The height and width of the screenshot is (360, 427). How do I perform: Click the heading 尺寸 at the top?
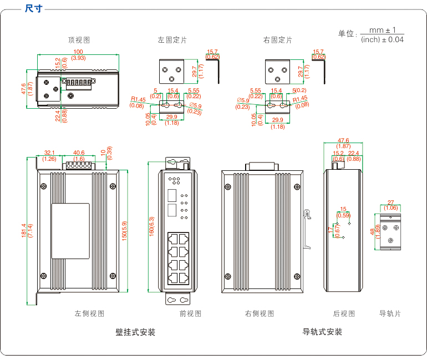34,8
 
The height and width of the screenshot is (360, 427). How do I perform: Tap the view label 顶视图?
79,40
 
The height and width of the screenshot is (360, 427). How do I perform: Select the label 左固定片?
172,40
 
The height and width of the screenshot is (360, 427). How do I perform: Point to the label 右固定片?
277,40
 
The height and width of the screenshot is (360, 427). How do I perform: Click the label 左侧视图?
89,313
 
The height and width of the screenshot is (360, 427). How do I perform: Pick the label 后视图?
344,313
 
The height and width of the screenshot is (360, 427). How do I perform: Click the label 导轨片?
390,313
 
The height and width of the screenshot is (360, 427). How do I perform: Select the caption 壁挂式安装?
135,332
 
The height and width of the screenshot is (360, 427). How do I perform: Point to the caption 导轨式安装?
322,332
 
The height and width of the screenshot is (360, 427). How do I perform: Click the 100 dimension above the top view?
78,52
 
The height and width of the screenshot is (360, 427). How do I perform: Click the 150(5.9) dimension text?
125,227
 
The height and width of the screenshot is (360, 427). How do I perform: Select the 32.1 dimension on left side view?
49,153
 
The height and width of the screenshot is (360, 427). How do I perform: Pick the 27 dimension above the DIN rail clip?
390,202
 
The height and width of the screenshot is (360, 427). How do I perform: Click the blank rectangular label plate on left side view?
70,230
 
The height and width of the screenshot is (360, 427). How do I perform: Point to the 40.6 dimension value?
79,153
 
